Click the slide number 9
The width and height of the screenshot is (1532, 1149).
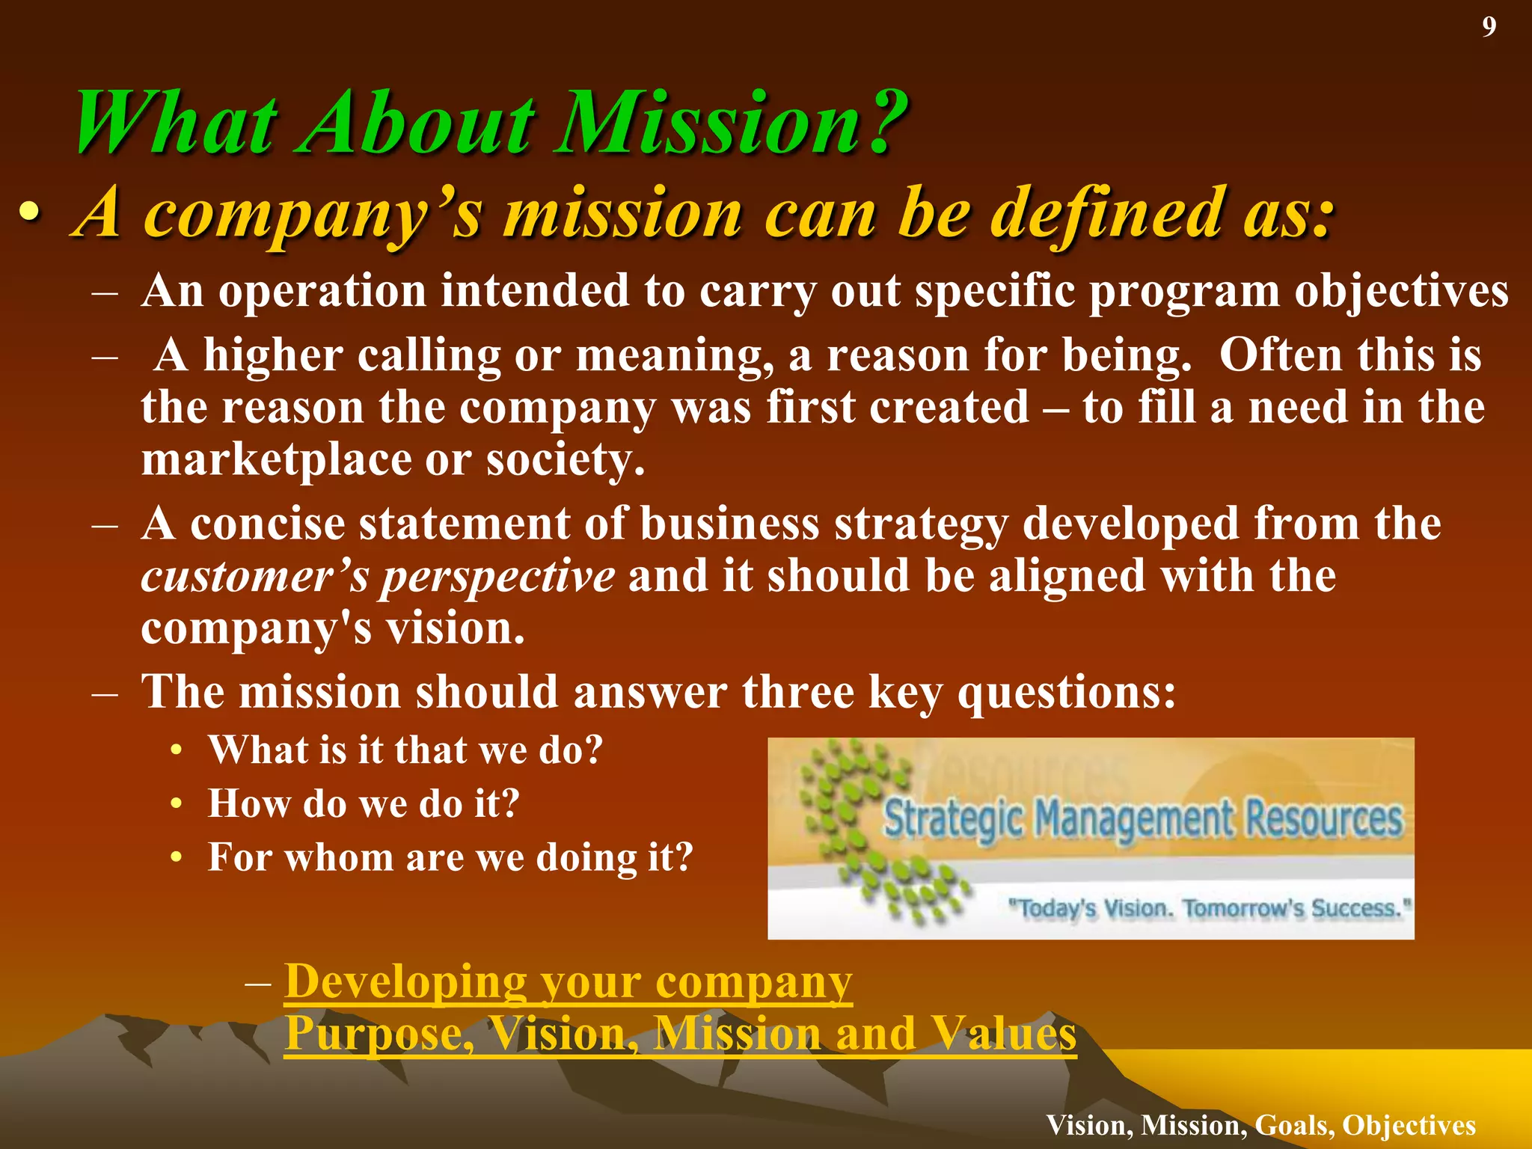coord(1489,28)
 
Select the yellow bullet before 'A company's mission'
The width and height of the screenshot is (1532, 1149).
coord(29,214)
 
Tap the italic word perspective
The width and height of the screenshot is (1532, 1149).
coord(497,577)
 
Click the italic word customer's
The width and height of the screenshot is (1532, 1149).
coord(254,577)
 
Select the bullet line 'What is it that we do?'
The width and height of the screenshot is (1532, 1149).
coord(405,750)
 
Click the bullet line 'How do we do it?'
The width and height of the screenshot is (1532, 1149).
coord(364,804)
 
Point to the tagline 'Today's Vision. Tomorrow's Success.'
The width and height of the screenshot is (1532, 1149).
coord(1208,908)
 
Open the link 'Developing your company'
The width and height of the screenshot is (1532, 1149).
coord(569,981)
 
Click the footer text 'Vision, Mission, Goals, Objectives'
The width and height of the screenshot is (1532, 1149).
coord(1260,1125)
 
